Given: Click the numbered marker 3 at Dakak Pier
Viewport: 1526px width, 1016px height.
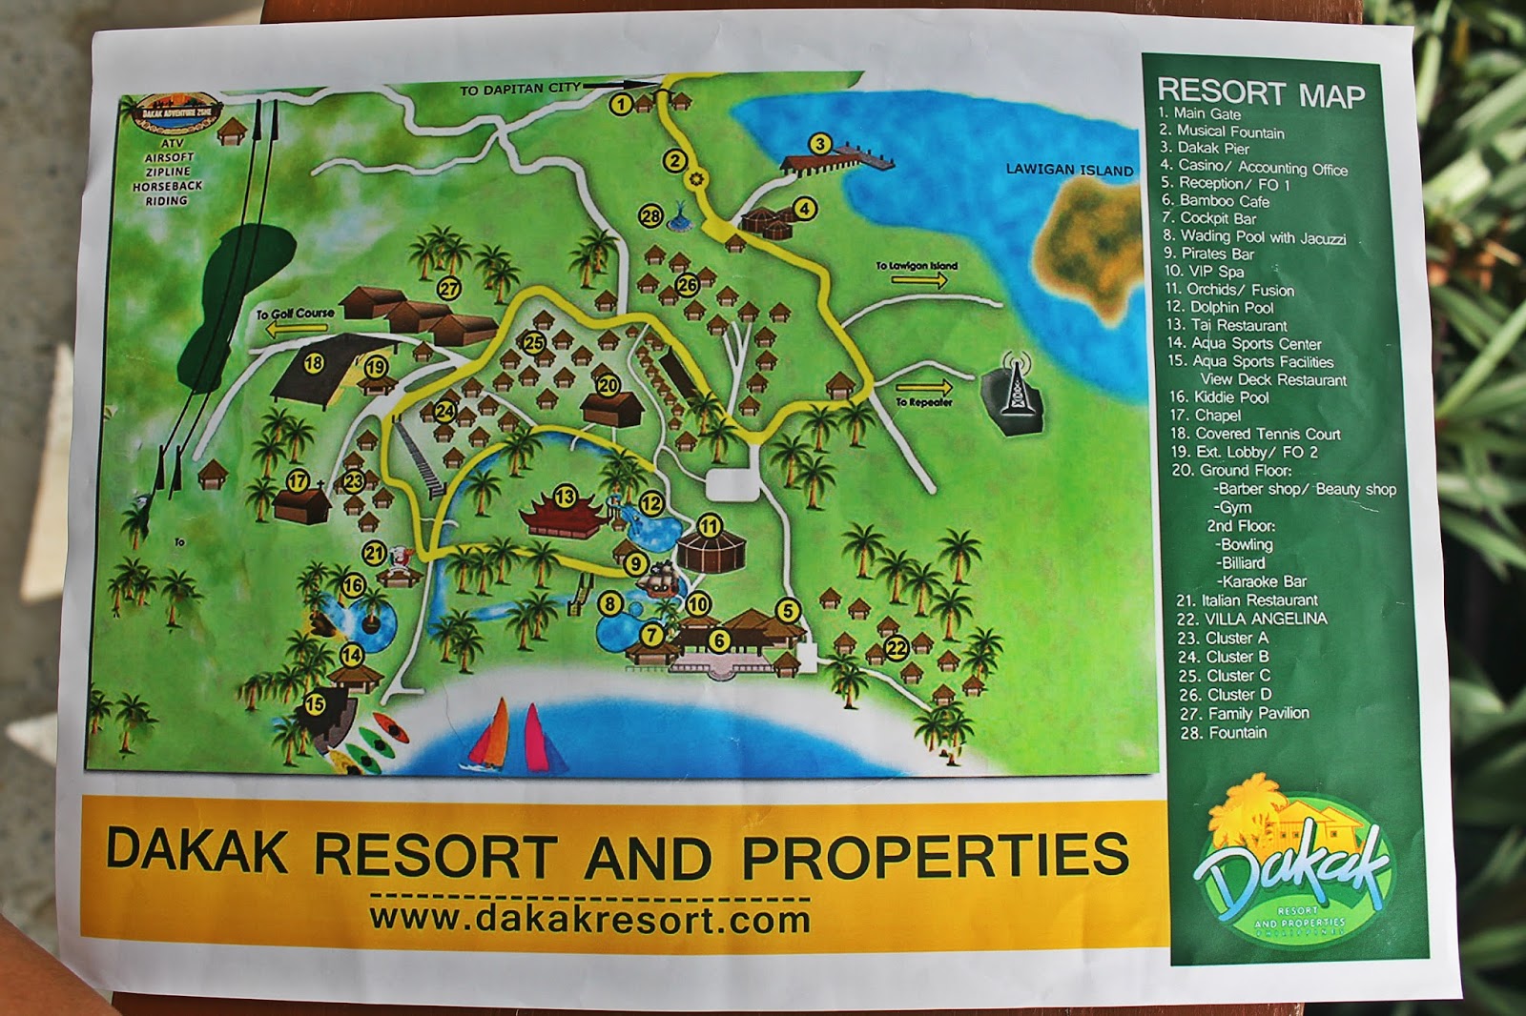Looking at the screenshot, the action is [819, 144].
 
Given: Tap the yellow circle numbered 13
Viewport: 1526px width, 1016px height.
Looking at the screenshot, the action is [565, 497].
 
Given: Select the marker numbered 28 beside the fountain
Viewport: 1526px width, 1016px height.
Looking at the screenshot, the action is [650, 216].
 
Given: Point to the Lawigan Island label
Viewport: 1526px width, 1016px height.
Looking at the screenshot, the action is [1069, 170].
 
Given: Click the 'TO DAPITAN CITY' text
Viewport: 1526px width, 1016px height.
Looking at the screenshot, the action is [520, 89].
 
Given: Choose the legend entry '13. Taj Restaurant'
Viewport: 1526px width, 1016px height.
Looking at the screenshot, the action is [1227, 325].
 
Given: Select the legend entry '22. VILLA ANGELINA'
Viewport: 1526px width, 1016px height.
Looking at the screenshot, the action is [1251, 619].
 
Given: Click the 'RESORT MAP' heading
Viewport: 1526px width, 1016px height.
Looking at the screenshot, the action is [1261, 93].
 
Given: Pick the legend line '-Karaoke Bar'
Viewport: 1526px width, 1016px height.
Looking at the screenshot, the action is [1260, 581].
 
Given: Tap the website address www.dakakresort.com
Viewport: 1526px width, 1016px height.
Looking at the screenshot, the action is [589, 919].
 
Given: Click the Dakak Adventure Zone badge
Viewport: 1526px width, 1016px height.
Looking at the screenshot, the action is [177, 112].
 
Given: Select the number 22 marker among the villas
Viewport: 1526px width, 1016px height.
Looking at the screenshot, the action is [896, 648].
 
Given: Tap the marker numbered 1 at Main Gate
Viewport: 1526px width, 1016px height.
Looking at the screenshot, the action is [621, 103].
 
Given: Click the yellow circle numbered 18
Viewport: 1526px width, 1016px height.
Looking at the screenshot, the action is [314, 363].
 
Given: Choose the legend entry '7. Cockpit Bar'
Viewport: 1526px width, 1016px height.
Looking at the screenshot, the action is [1208, 218].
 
